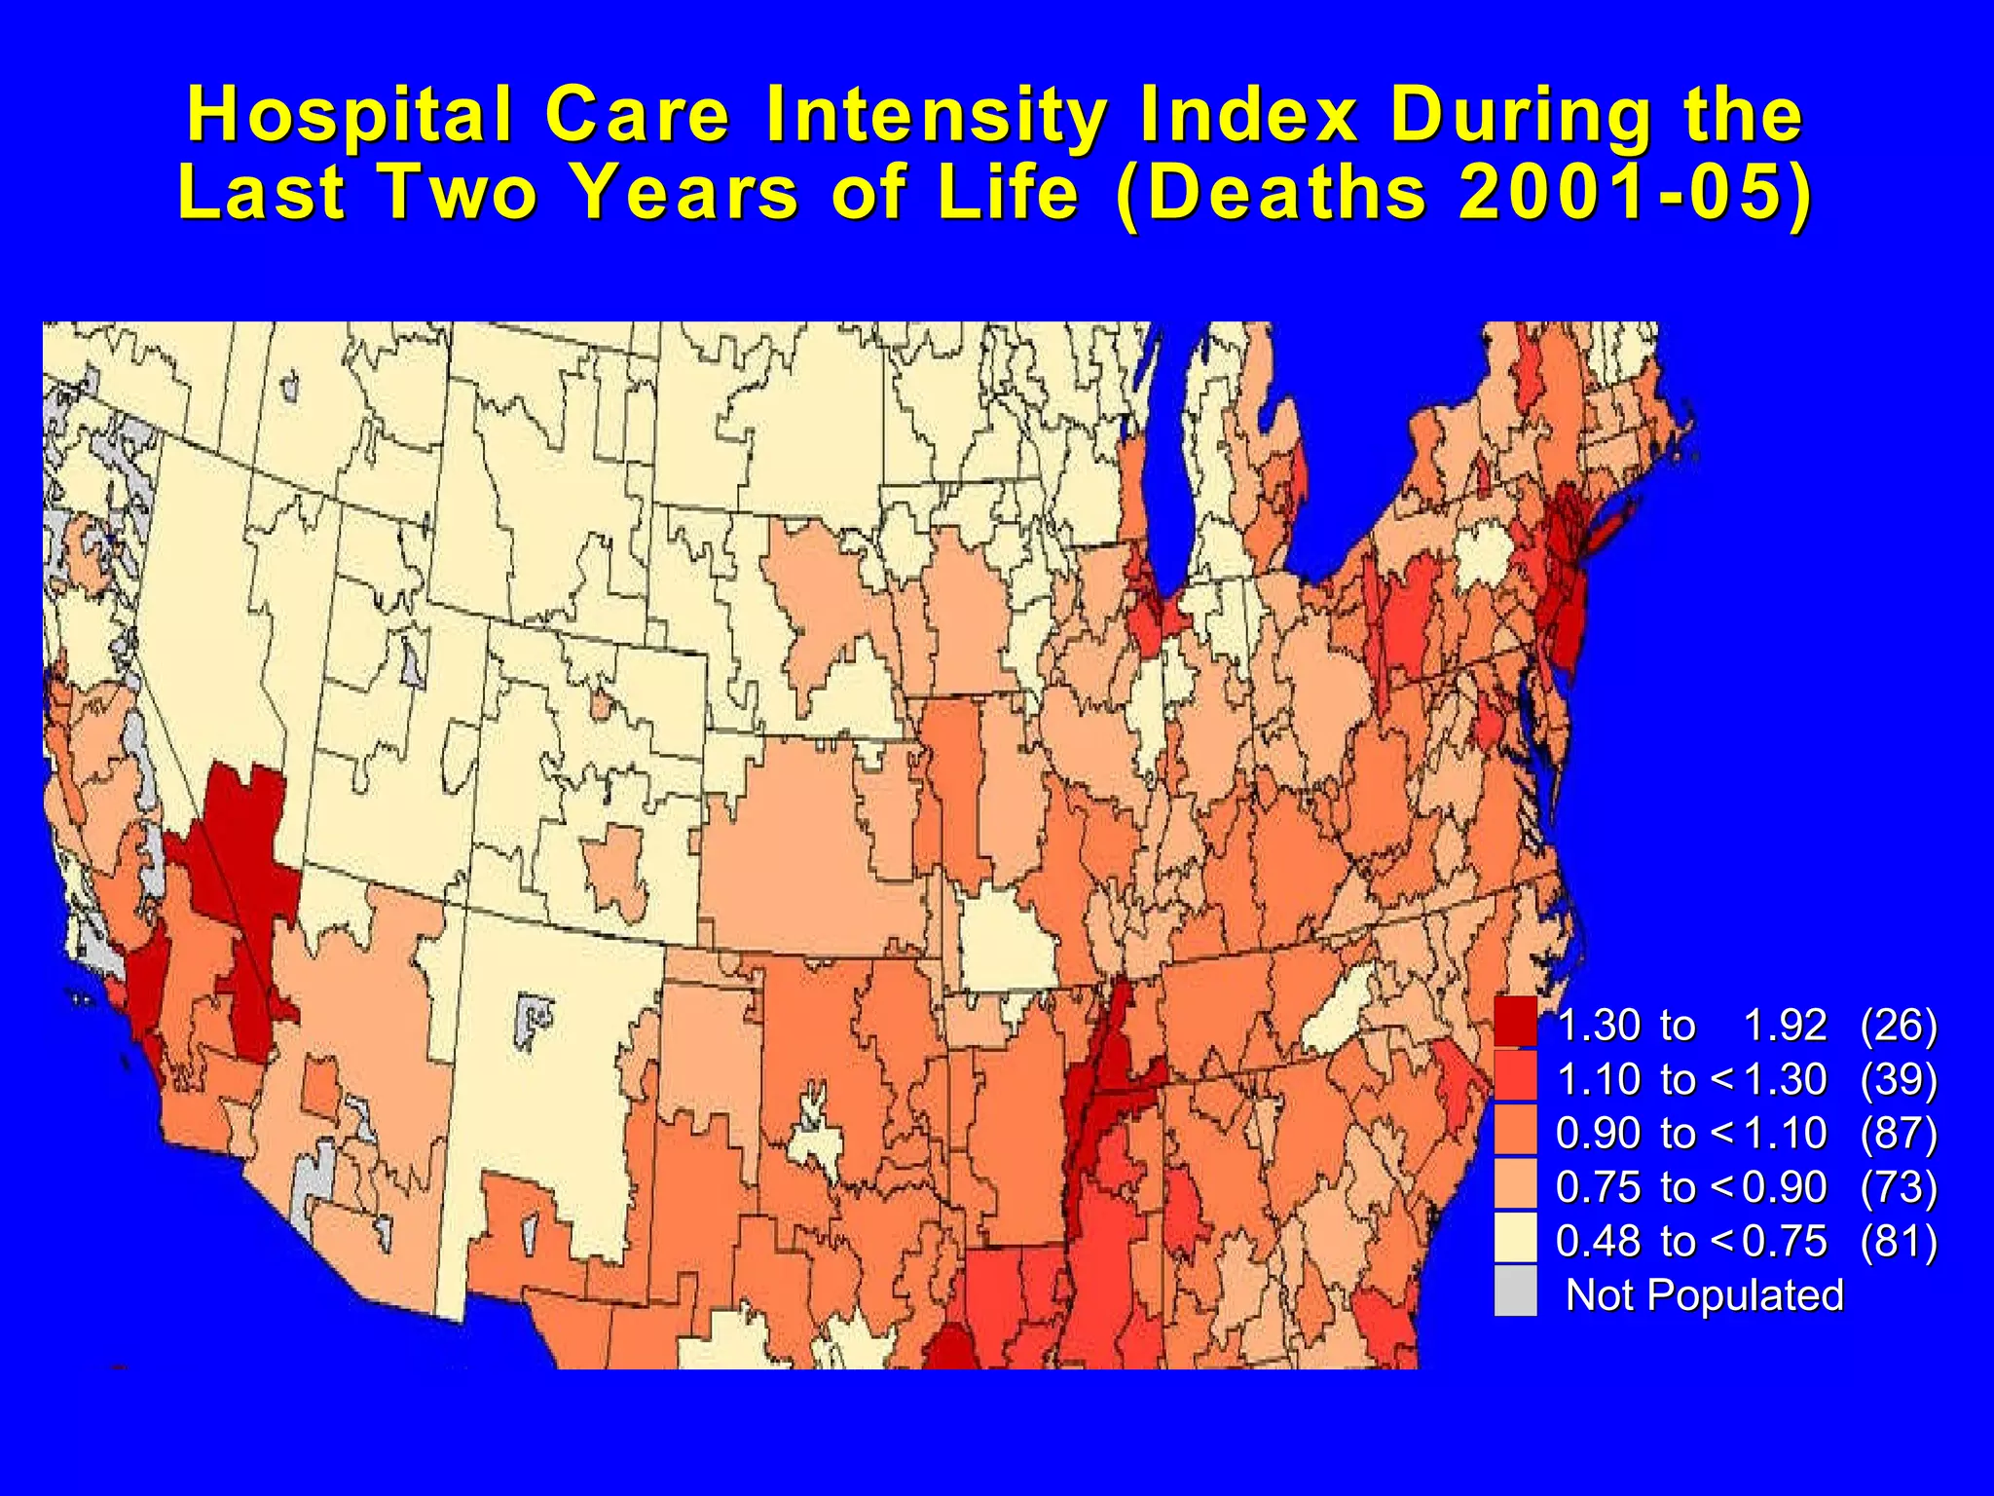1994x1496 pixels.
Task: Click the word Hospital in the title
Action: pos(350,115)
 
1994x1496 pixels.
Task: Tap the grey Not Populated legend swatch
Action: pos(1515,1291)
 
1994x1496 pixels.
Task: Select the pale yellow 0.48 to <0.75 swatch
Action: pos(1515,1238)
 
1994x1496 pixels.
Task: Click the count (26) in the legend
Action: pos(1898,1025)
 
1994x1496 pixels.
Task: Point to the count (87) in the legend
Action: pos(1898,1133)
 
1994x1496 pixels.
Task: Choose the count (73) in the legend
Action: pos(1898,1186)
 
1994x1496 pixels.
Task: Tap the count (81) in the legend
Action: pos(1898,1241)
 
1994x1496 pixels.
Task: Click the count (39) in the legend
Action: pos(1898,1079)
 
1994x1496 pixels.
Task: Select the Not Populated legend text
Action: pos(1704,1294)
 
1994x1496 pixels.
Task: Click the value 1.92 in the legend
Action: pos(1784,1025)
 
